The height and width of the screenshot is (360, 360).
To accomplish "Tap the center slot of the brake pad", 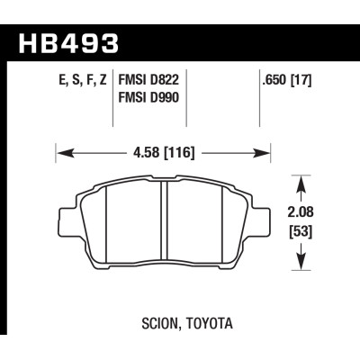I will (x=163, y=225).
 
